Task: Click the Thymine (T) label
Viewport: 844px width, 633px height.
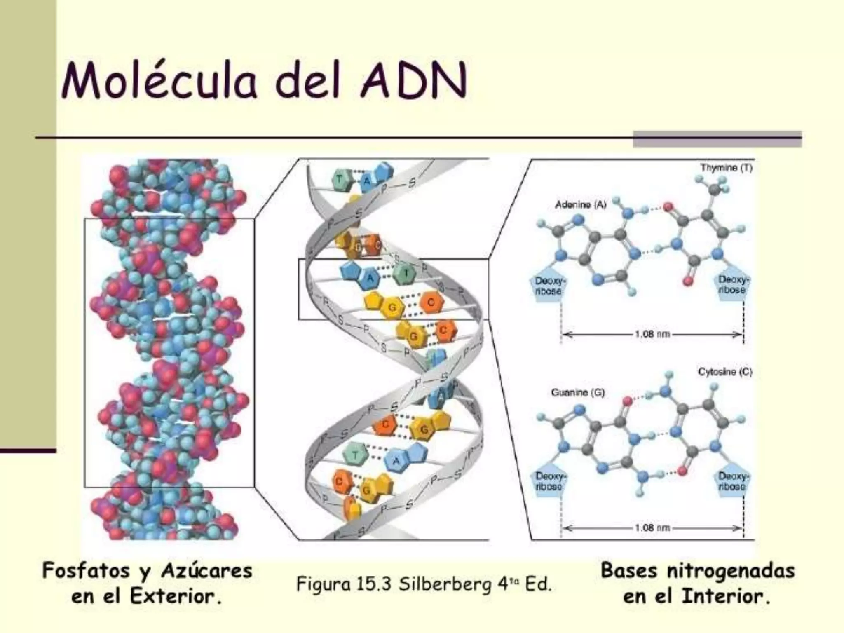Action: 726,168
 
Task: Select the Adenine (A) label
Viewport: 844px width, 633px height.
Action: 581,204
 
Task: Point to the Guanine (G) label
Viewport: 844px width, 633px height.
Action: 578,392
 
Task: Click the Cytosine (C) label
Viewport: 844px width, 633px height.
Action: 725,372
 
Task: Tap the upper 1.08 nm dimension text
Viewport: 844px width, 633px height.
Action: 652,334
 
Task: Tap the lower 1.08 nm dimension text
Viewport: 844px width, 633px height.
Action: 652,528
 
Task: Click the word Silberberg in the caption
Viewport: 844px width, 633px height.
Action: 445,584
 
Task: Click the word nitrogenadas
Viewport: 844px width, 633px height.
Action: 731,571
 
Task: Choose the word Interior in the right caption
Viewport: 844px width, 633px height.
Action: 725,596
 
